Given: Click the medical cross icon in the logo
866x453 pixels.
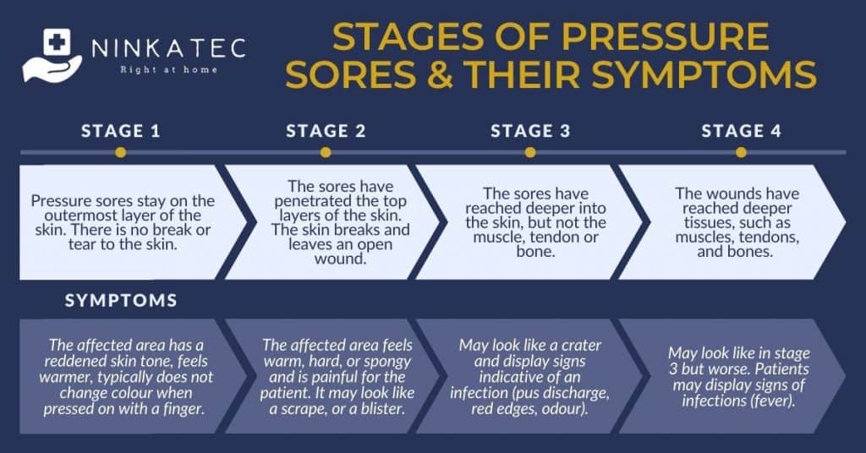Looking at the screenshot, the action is [x=57, y=41].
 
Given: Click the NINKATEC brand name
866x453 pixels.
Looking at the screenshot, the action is [x=169, y=48].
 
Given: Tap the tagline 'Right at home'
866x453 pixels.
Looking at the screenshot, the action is [x=169, y=70].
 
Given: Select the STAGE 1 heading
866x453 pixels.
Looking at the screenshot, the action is [x=120, y=131].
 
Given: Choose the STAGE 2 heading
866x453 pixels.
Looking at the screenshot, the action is [x=326, y=131].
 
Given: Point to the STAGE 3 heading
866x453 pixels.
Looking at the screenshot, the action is [x=530, y=131].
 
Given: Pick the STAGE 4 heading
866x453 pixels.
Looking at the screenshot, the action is [x=741, y=131].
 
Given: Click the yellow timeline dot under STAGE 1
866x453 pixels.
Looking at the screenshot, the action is [x=120, y=152].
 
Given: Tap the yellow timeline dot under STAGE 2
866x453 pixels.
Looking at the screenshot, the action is [x=326, y=152].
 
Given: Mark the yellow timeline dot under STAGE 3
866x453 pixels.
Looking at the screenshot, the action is [x=530, y=152].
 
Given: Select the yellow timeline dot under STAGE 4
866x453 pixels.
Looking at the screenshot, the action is [x=741, y=152].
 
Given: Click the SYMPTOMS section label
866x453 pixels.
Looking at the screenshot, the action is [x=121, y=300].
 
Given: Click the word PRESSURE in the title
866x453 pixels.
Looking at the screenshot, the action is [x=665, y=36].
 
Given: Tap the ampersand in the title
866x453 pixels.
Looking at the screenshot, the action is [x=441, y=74].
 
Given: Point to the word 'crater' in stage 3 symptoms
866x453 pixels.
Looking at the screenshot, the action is [x=581, y=346].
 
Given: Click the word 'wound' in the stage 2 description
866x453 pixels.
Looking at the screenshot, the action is [x=341, y=259].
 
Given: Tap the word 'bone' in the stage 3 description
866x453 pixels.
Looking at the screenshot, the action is [x=534, y=252].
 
